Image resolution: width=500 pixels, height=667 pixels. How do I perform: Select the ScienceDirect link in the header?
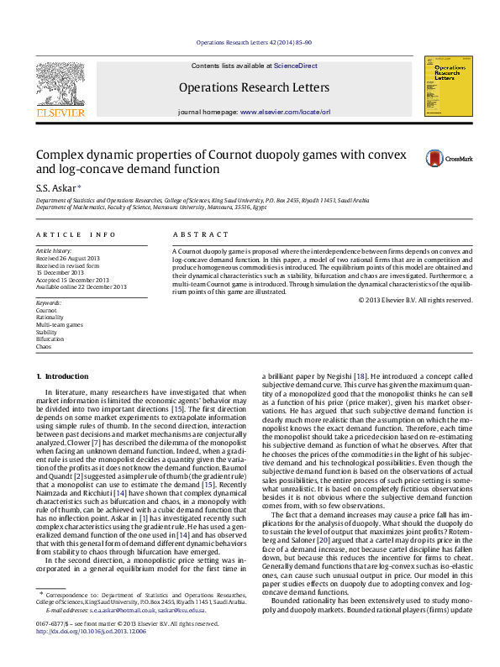pyautogui.click(x=295, y=66)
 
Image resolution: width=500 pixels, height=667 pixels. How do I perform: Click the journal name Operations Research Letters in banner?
pyautogui.click(x=254, y=87)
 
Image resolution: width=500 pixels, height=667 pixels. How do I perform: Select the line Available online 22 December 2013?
pyautogui.click(x=81, y=286)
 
